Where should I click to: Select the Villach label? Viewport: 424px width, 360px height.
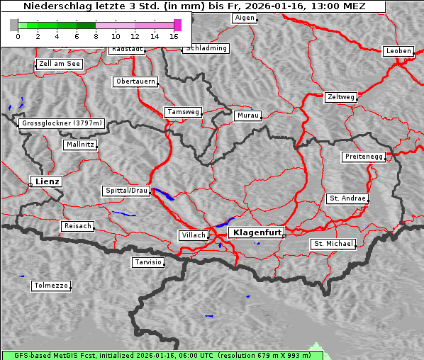pyautogui.click(x=193, y=235)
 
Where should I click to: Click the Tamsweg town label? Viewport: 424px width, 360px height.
pyautogui.click(x=184, y=112)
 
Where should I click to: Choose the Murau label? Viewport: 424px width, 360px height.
pyautogui.click(x=248, y=115)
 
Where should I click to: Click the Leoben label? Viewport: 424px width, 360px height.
pyautogui.click(x=398, y=51)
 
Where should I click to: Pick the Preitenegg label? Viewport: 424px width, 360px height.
pyautogui.click(x=364, y=157)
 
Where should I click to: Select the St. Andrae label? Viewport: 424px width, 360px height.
pyautogui.click(x=347, y=198)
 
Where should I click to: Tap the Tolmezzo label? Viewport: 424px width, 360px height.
pyautogui.click(x=51, y=286)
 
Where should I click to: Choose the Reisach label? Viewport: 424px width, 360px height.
pyautogui.click(x=78, y=226)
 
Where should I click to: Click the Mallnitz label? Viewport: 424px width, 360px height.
pyautogui.click(x=79, y=144)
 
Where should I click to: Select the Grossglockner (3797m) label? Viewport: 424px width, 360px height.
pyautogui.click(x=62, y=123)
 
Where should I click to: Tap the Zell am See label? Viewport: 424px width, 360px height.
pyautogui.click(x=60, y=64)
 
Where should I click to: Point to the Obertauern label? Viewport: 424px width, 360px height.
pyautogui.click(x=135, y=81)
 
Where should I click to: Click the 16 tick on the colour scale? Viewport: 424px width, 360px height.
pyautogui.click(x=174, y=35)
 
